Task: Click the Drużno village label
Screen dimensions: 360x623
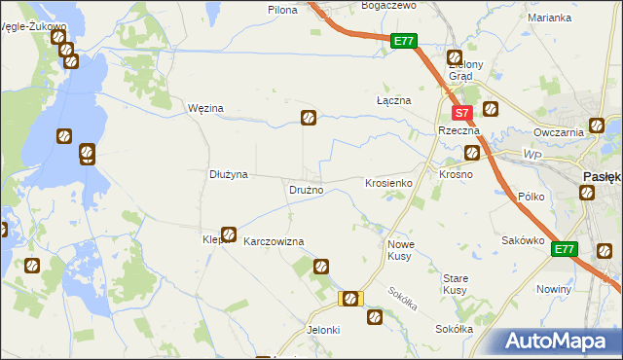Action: [306, 190]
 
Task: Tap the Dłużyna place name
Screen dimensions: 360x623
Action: [230, 174]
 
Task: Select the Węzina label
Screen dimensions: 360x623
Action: [205, 108]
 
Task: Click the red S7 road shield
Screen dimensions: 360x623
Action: [464, 113]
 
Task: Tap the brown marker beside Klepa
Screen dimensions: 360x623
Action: [229, 234]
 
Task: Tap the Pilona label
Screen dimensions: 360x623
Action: [281, 9]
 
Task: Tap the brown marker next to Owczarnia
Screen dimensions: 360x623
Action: [596, 126]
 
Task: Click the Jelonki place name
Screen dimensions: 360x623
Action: [323, 330]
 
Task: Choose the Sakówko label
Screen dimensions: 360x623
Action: [521, 240]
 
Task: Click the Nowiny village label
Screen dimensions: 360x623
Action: [553, 290]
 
